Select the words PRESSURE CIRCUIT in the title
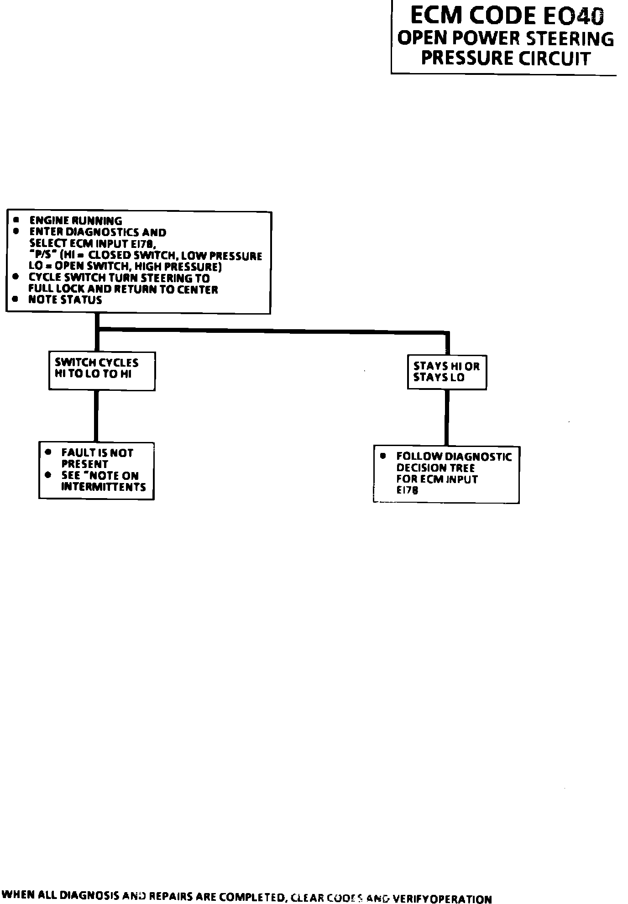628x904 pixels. [506, 58]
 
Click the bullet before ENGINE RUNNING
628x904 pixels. [16, 220]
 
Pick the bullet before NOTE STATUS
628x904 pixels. [16, 300]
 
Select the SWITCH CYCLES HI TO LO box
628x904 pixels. [102, 371]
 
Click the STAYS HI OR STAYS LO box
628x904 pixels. [446, 372]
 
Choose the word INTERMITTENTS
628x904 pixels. [104, 487]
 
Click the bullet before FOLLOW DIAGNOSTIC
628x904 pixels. [383, 456]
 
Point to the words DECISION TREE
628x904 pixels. [435, 468]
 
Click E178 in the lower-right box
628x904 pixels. [407, 491]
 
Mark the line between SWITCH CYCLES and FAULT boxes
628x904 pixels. [96, 416]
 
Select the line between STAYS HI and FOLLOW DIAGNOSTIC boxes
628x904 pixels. [446, 417]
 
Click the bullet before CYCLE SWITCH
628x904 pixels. [16, 277]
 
